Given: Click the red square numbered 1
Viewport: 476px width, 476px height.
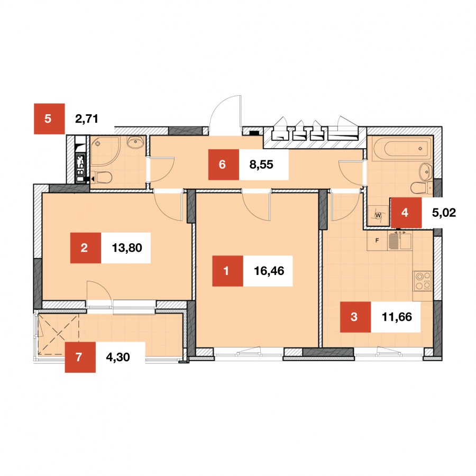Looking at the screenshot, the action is pyautogui.click(x=227, y=271).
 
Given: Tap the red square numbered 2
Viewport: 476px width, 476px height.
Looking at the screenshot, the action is pyautogui.click(x=85, y=248).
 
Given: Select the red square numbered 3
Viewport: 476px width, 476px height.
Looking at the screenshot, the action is pyautogui.click(x=355, y=317).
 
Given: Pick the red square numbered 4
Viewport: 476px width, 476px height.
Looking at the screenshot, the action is pyautogui.click(x=406, y=213).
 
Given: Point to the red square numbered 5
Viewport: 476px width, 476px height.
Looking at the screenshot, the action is pyautogui.click(x=49, y=118).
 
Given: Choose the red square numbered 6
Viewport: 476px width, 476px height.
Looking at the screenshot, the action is pyautogui.click(x=224, y=164).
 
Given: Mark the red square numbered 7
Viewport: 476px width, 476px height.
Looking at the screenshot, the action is pyautogui.click(x=80, y=358).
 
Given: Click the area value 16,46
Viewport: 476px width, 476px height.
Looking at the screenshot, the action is pyautogui.click(x=269, y=271).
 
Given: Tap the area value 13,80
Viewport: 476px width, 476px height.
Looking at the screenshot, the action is pyautogui.click(x=127, y=248).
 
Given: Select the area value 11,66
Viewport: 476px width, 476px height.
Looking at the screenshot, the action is pyautogui.click(x=397, y=317).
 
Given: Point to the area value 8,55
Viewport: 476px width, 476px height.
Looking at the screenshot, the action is pyautogui.click(x=261, y=164).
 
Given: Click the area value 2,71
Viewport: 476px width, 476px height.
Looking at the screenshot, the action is pyautogui.click(x=87, y=118).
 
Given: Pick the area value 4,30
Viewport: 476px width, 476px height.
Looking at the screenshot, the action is pyautogui.click(x=118, y=358).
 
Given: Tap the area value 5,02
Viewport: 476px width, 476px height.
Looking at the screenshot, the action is pyautogui.click(x=444, y=213).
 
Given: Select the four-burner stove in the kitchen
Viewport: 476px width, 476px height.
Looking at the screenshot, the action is pyautogui.click(x=423, y=281).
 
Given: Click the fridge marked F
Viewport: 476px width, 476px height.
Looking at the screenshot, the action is pyautogui.click(x=377, y=241).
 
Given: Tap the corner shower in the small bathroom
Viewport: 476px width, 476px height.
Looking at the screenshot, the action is pyautogui.click(x=105, y=151).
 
